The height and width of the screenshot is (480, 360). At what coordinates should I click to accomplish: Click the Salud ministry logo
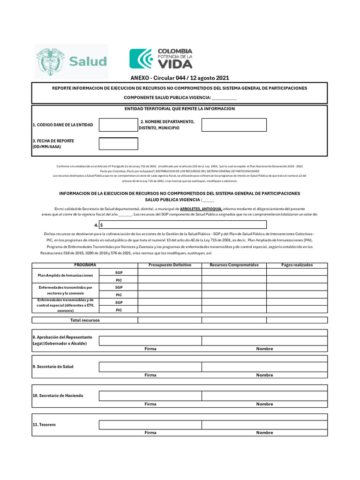71,61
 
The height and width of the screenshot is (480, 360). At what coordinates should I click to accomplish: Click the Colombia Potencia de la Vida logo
161,58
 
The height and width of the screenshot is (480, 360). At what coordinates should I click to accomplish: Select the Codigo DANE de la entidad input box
118,125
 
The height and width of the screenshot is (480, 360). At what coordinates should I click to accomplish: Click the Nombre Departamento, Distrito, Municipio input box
234,125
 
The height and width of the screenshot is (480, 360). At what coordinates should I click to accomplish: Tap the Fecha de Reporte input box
118,143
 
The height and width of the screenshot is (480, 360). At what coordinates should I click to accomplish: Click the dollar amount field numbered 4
182,225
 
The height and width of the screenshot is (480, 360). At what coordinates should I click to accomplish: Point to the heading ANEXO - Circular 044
180,78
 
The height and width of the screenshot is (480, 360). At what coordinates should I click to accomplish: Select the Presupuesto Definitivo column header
170,265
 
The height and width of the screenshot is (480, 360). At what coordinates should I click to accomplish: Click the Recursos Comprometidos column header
234,265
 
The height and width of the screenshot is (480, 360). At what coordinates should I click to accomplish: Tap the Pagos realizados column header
297,265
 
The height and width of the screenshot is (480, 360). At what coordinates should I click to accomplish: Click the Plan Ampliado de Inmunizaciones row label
66,275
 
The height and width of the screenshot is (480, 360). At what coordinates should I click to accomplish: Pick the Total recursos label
85,320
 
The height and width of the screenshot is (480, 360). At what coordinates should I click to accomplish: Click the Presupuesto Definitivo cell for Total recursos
170,320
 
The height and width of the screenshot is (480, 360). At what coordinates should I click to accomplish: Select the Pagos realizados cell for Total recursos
297,320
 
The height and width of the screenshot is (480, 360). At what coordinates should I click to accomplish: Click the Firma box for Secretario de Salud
150,367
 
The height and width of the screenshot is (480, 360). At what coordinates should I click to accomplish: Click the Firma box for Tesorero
150,425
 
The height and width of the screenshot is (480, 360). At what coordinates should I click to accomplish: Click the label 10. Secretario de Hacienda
58,396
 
